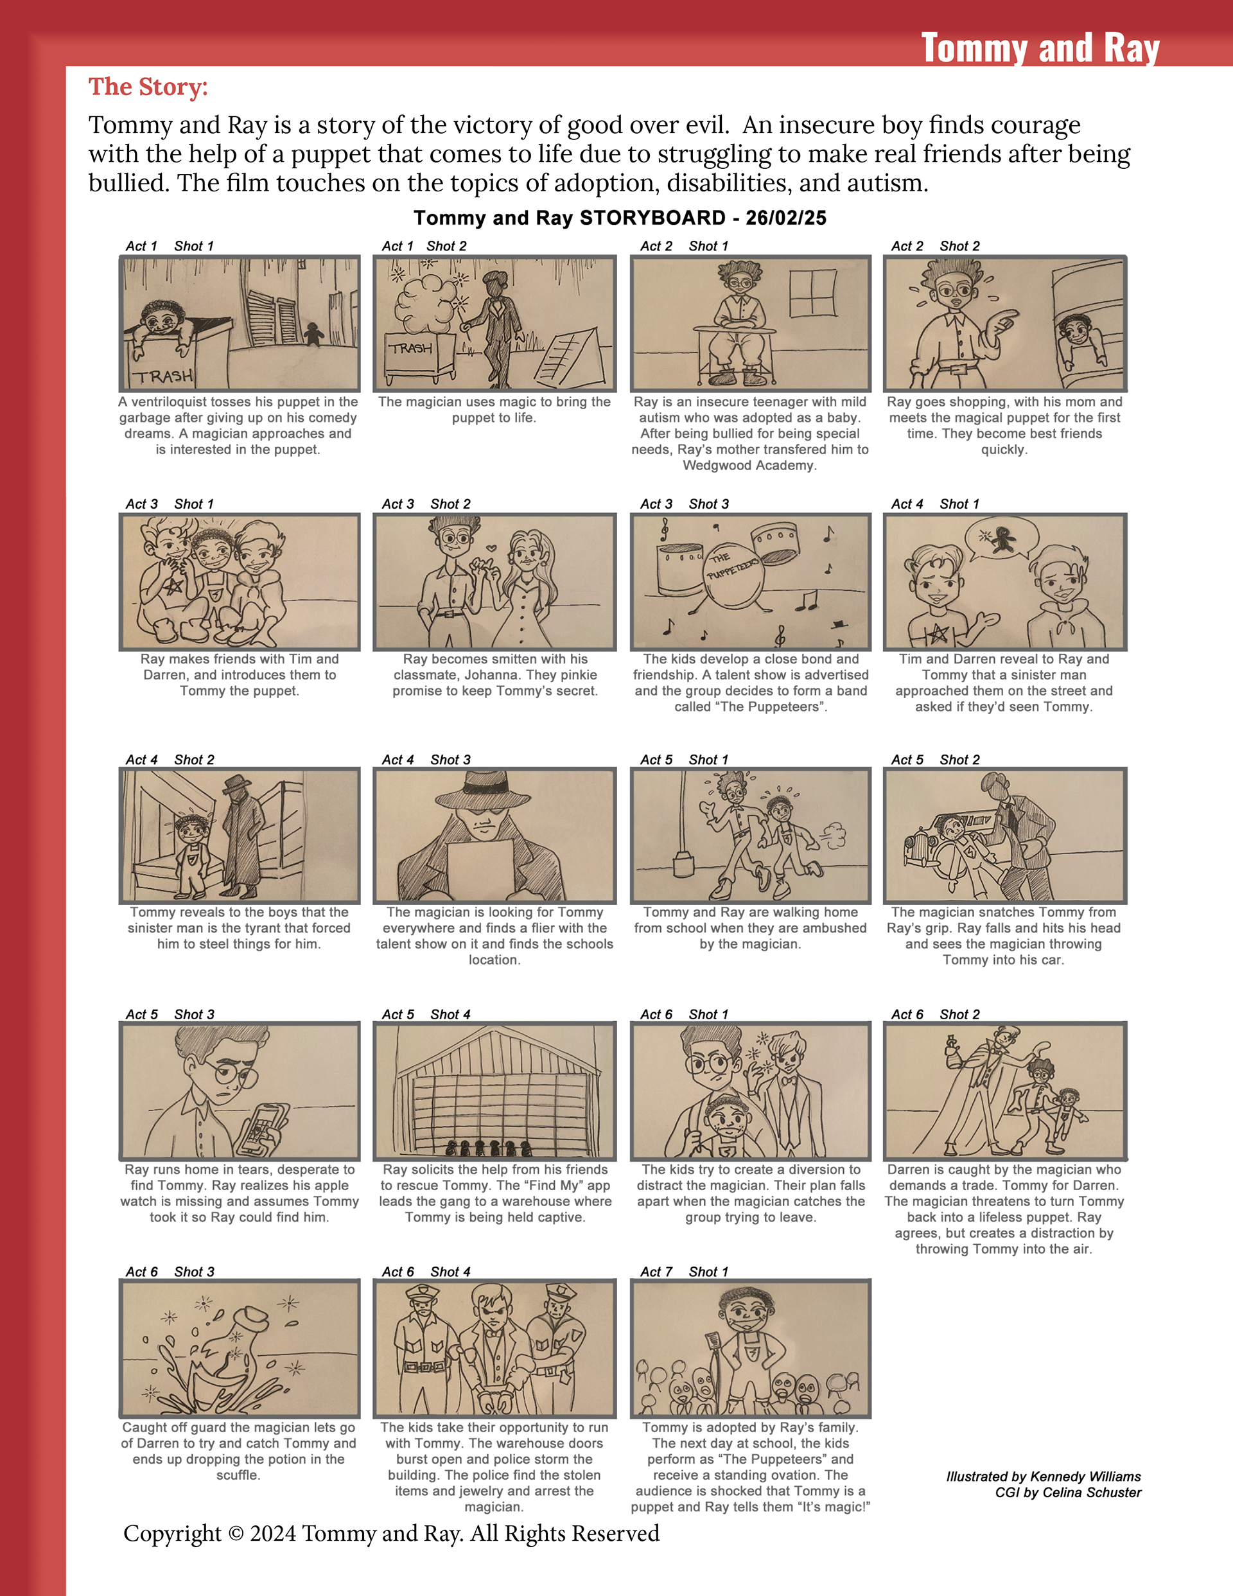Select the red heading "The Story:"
pyautogui.click(x=148, y=87)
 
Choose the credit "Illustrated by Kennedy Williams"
pyautogui.click(x=1043, y=1476)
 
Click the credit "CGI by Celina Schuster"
pyautogui.click(x=1067, y=1492)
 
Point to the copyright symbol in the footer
pyautogui.click(x=235, y=1533)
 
